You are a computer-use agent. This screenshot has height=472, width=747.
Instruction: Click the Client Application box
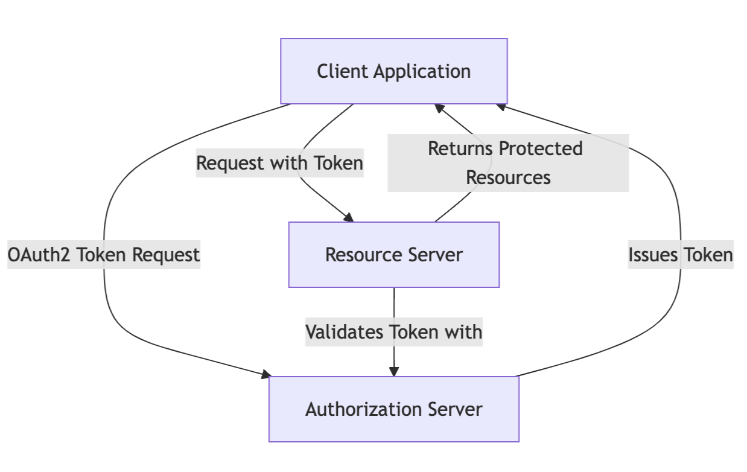[393, 71]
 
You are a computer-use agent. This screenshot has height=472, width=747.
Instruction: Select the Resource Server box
[393, 254]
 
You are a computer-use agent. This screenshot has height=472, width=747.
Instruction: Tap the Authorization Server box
[393, 409]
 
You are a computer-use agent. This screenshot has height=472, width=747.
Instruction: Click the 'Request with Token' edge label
[279, 163]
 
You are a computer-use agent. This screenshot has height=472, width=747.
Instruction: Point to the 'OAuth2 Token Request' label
[103, 255]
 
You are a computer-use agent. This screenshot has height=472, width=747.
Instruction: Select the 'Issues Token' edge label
[681, 255]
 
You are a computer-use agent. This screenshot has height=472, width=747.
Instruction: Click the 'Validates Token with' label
[393, 332]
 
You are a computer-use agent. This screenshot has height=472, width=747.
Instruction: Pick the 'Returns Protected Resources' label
[507, 163]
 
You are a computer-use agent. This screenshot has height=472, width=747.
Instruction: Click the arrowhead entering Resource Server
[348, 217]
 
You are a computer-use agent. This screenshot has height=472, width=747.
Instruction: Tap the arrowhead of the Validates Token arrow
[394, 371]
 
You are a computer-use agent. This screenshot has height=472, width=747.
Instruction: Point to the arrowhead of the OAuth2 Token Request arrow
[266, 375]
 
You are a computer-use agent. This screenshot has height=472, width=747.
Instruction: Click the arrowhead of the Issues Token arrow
[501, 107]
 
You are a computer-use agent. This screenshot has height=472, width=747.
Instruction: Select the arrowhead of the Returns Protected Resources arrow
[440, 109]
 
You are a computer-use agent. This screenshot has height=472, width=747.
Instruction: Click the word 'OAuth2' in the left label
[39, 255]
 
